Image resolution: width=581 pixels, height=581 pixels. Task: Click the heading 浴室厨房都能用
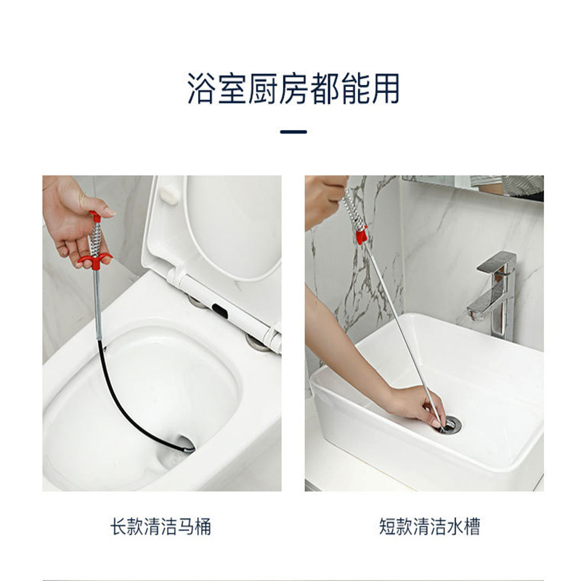point(293,89)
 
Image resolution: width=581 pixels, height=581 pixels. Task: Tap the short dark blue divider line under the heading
point(293,131)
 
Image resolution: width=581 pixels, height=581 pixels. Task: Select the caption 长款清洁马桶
point(161,526)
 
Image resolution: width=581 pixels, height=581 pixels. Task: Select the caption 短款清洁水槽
point(429,526)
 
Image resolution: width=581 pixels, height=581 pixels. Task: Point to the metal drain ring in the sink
point(450,425)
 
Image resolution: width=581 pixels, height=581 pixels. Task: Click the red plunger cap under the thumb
point(95,216)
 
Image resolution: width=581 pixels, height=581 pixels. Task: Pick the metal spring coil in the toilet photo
point(94,238)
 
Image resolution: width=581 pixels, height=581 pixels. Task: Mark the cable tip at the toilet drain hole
point(189,450)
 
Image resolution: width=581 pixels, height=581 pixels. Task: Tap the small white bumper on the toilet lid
point(169,195)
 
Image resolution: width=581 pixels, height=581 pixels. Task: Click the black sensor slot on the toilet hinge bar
point(220,311)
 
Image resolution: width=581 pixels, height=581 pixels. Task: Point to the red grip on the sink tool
point(361,235)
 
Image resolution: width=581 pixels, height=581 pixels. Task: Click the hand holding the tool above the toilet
point(76,221)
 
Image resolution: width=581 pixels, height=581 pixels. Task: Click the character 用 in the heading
point(386,89)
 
